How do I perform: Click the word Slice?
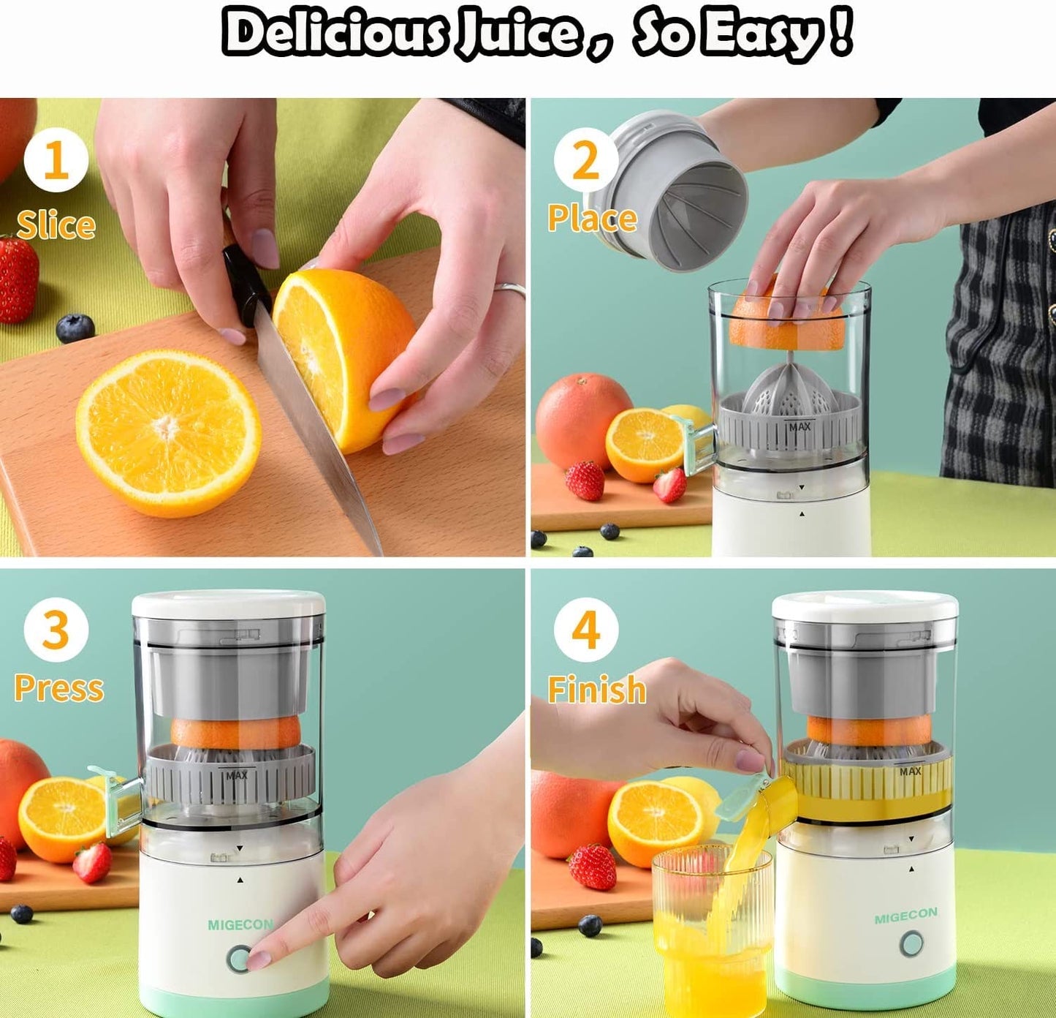point(56,225)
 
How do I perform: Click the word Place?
point(592,218)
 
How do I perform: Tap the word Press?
point(59,687)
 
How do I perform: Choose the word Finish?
point(597,689)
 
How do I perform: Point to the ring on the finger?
point(509,290)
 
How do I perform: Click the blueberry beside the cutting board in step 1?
point(75,328)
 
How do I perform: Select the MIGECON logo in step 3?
point(240,924)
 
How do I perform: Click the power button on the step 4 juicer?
point(911,944)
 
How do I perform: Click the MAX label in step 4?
point(910,772)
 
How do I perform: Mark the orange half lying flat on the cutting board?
point(168,433)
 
